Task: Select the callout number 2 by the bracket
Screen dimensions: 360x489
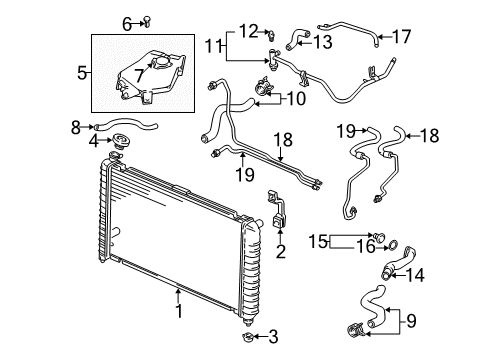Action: point(280,251)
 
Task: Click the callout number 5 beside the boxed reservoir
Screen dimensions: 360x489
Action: point(83,72)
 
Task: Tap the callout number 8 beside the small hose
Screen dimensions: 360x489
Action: point(76,126)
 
